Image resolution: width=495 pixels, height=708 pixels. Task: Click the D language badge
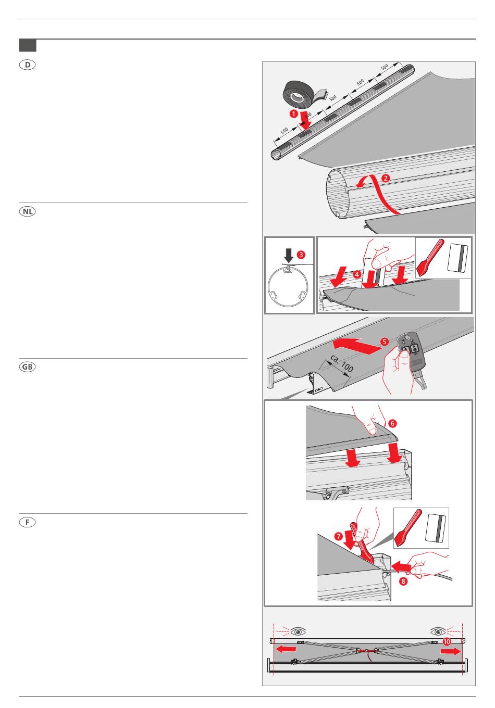27,65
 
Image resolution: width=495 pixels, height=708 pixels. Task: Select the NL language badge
27,212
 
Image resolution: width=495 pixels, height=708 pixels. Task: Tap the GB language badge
27,367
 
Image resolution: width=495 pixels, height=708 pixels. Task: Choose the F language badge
27,522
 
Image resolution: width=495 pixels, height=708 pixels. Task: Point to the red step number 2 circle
385,178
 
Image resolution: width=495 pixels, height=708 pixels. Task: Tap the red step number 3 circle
301,255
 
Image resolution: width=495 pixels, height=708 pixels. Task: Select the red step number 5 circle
384,342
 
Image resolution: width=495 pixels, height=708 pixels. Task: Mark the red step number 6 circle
392,424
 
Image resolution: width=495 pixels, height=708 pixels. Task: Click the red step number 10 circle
447,642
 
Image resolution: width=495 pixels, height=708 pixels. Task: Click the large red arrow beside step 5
354,345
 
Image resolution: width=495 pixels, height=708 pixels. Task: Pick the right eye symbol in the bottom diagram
438,631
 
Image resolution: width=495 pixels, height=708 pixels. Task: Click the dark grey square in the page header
28,45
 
